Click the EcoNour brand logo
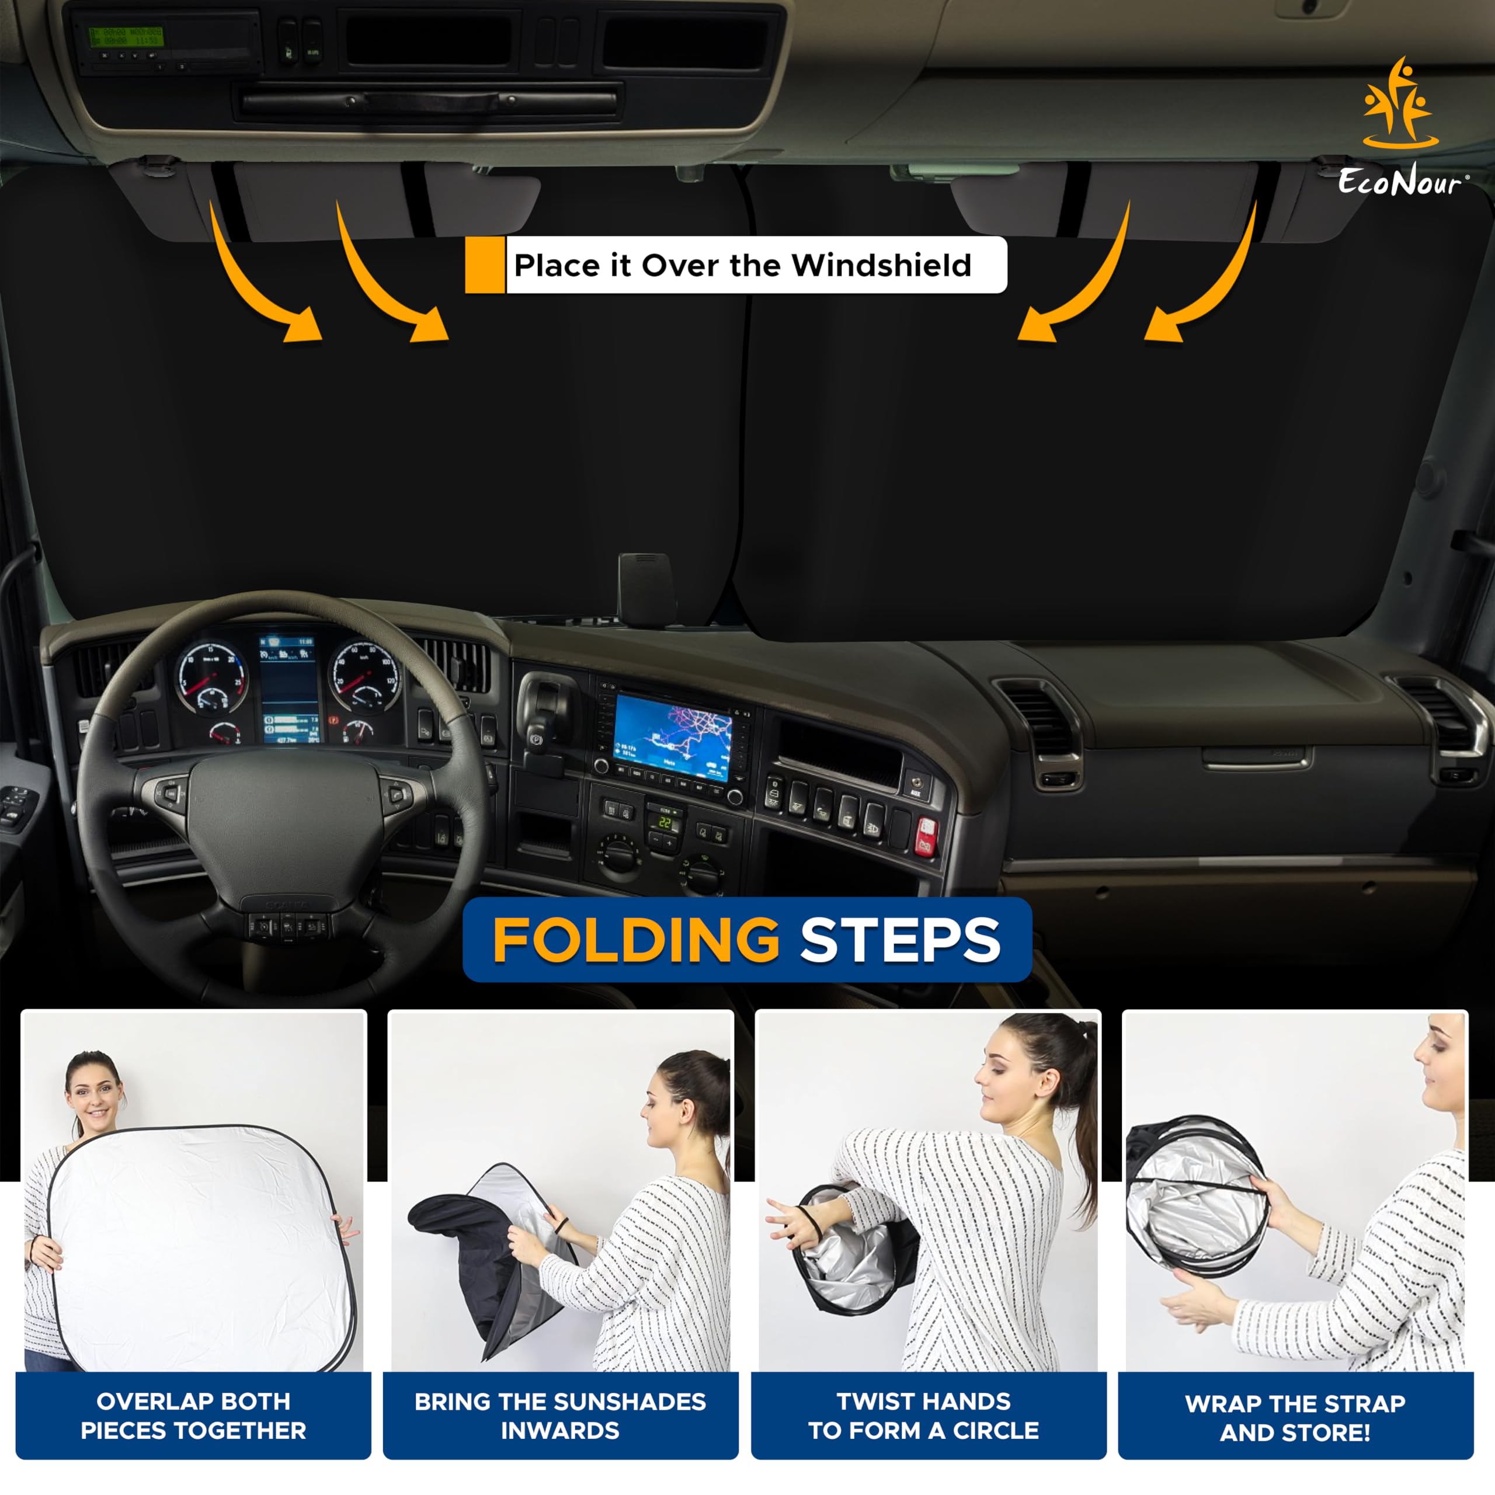pos(1400,128)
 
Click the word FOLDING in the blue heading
pos(635,940)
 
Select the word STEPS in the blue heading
pos(900,940)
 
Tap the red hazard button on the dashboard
pos(926,836)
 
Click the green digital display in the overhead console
pos(126,36)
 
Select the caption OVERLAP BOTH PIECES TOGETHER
pos(193,1416)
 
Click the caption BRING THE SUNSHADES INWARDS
pos(560,1416)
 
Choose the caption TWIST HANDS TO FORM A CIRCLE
pos(924,1416)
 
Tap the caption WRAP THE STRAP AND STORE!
pos(1295,1417)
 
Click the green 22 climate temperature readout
pos(665,823)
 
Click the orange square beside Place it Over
pos(484,265)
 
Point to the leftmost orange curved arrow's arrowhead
pos(303,325)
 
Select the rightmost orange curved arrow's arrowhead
pos(1164,325)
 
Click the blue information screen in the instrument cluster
pos(288,689)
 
